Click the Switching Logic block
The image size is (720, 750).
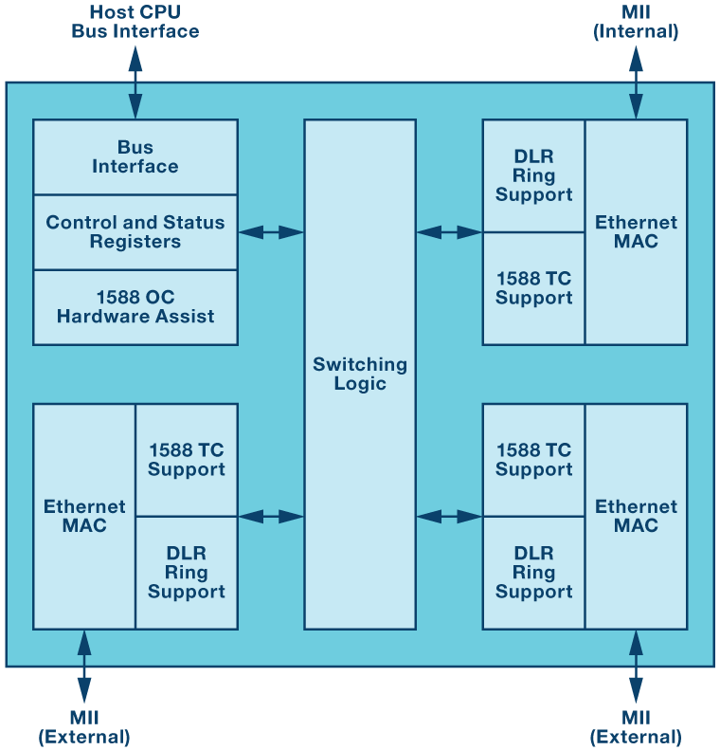point(360,374)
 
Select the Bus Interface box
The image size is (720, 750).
point(135,157)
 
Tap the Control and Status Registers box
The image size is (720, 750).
point(135,232)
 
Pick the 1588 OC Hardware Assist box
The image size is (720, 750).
point(135,307)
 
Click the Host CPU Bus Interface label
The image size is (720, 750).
point(135,22)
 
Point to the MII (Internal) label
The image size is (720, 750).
point(636,22)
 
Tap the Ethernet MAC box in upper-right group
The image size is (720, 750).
point(636,232)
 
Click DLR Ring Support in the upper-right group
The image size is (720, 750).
point(533,176)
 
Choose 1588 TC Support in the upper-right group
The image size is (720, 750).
point(533,288)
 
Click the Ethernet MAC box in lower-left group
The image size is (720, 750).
point(84,517)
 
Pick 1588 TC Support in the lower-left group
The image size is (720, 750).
point(187,460)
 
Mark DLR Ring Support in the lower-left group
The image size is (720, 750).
point(187,573)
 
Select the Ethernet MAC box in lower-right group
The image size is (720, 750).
point(636,517)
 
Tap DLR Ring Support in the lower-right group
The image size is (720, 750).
point(533,573)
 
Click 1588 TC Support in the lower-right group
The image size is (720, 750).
point(533,460)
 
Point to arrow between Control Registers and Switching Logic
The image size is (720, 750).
point(271,232)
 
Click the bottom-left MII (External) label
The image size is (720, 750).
point(84,727)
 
